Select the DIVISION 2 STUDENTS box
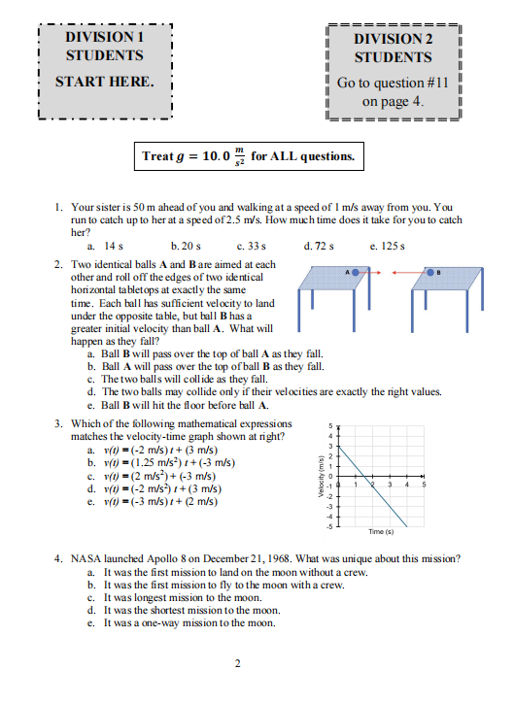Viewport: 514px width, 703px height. pos(394,68)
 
